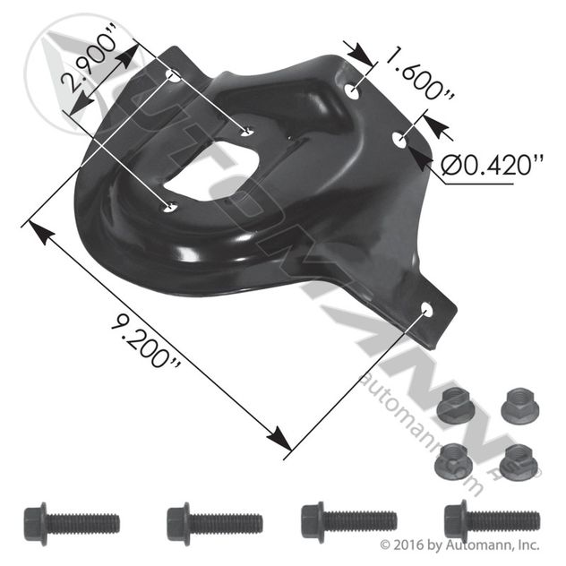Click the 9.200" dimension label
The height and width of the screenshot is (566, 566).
145,340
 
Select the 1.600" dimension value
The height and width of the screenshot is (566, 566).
418,73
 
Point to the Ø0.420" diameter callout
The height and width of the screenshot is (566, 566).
492,166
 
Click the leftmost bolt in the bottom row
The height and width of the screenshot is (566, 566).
72,524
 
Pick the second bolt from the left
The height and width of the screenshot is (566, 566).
215,524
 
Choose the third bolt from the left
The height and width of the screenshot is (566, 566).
349,522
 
